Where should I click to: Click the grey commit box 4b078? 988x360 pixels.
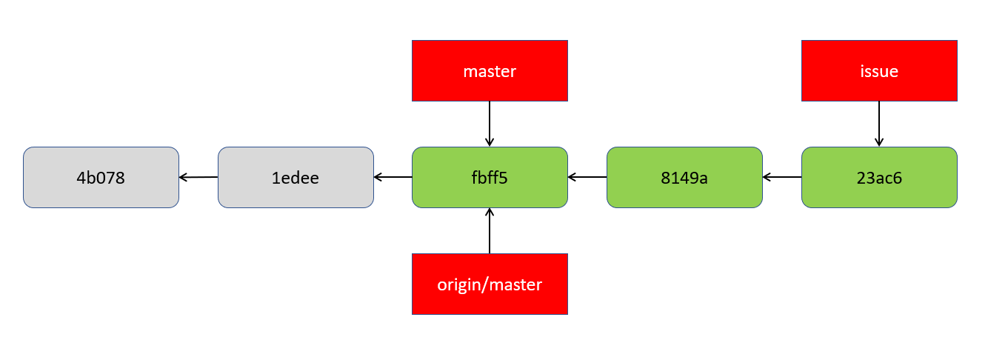point(101,177)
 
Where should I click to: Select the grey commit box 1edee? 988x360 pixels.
point(296,177)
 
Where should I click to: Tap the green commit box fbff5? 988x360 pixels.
point(490,177)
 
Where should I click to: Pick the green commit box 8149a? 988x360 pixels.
point(684,177)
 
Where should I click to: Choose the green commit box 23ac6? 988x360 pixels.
point(879,177)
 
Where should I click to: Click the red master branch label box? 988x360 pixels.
point(490,70)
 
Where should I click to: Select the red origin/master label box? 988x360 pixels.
point(490,284)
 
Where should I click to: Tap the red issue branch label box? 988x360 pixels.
point(879,70)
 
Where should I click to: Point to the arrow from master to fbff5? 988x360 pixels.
point(490,124)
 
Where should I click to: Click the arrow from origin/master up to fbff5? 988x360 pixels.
point(490,231)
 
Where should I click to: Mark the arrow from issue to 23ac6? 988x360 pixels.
point(879,124)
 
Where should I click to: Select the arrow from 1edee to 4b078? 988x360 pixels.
point(198,177)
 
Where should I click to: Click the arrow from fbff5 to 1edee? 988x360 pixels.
point(393,177)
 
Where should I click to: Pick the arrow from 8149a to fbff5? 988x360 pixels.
point(587,177)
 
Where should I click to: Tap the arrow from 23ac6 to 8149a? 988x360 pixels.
point(782,177)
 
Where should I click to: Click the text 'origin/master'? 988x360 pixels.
point(490,284)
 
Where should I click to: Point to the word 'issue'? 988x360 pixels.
point(879,72)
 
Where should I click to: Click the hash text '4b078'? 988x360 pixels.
point(101,179)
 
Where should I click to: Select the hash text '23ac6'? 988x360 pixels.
point(879,179)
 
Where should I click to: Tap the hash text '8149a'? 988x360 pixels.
point(684,179)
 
